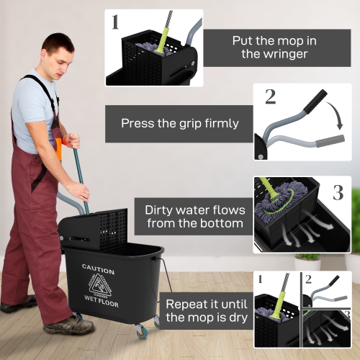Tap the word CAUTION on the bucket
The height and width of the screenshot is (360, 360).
[98, 268]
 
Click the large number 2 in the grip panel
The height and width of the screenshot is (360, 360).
[271, 96]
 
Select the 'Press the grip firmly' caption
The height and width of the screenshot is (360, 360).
[180, 123]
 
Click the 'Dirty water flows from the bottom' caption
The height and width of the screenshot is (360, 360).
[194, 217]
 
